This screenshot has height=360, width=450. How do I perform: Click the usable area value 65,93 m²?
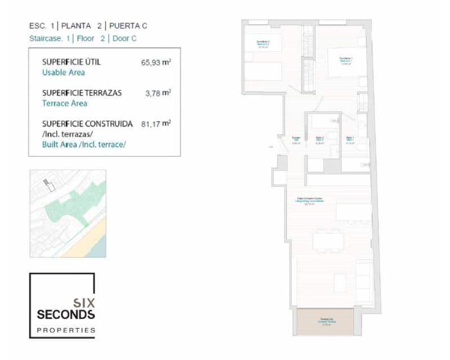(156, 62)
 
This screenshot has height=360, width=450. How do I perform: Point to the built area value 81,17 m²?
(156, 123)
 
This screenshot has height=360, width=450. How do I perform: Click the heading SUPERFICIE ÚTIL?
(71, 62)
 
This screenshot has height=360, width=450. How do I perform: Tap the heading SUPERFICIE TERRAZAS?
(82, 93)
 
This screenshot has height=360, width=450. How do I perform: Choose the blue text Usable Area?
(64, 73)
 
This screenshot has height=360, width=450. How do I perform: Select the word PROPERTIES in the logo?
(66, 330)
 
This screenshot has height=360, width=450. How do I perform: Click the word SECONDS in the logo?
(66, 314)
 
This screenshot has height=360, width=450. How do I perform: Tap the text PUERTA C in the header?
(128, 26)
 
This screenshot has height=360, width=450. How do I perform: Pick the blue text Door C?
(123, 39)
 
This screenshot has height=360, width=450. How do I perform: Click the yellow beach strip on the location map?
(93, 236)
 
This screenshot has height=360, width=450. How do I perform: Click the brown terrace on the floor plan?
(325, 322)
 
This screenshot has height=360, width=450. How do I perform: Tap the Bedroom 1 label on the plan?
(345, 60)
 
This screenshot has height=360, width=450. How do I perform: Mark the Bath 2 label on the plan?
(319, 139)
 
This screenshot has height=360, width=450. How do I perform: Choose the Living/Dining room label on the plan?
(309, 200)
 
